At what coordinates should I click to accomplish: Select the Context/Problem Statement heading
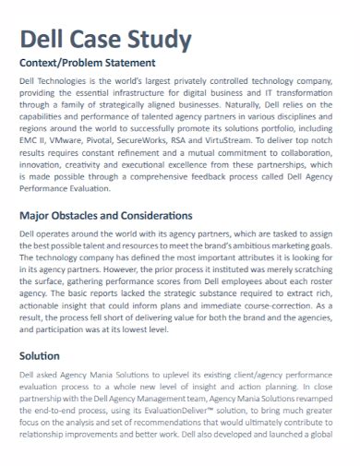(82, 63)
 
